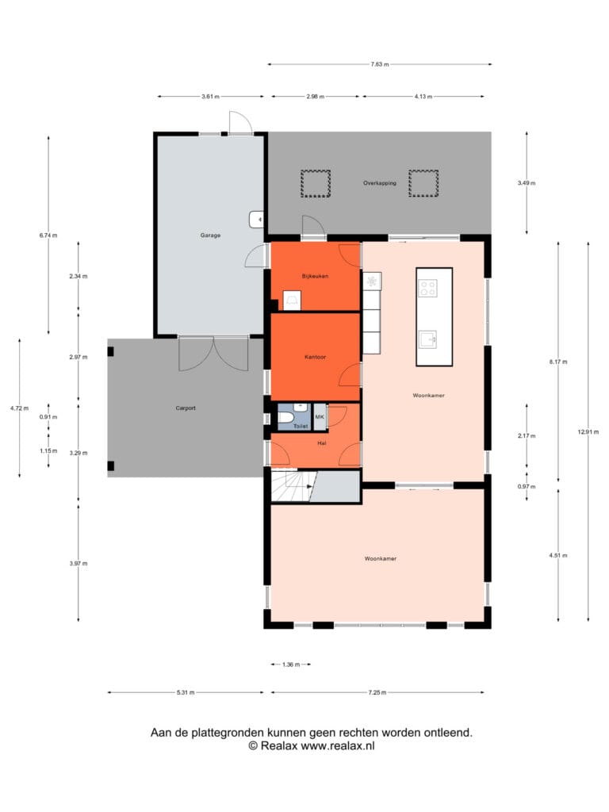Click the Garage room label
210,235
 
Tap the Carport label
186,408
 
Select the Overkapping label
380,183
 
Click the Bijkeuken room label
315,276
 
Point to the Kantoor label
315,357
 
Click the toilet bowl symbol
285,417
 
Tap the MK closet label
320,417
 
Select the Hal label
322,443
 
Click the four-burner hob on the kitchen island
427,288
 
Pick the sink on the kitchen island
427,339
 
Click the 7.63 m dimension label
380,64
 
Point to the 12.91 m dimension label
588,432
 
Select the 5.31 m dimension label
186,692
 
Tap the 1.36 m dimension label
291,665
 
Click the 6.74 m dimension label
48,235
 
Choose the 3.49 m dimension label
527,183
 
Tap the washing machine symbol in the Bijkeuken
292,301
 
